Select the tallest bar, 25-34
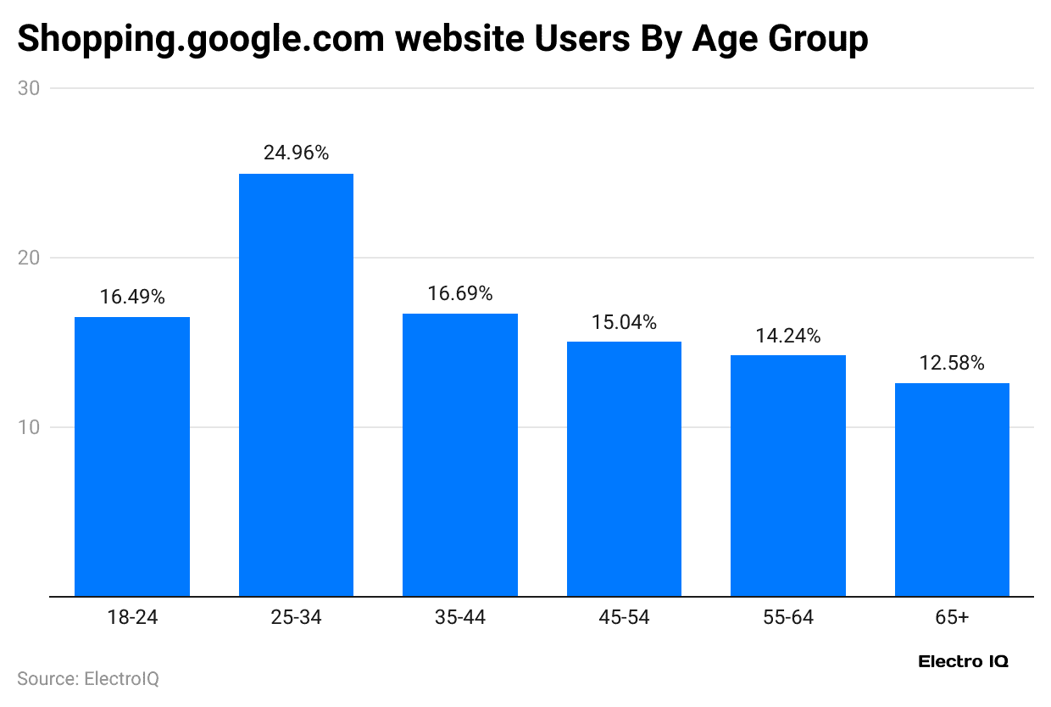click(x=296, y=385)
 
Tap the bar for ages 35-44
click(x=460, y=454)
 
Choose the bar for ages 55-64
click(x=788, y=476)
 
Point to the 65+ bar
click(x=952, y=489)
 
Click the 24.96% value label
click(x=296, y=153)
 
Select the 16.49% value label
click(x=132, y=297)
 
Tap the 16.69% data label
click(x=460, y=293)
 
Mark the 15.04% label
click(x=624, y=322)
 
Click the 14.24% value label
click(x=788, y=336)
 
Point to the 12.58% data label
click(x=952, y=364)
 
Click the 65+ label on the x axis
click(x=952, y=618)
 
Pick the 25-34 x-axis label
click(x=296, y=618)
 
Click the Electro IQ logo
click(x=963, y=662)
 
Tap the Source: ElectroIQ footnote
click(x=88, y=679)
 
